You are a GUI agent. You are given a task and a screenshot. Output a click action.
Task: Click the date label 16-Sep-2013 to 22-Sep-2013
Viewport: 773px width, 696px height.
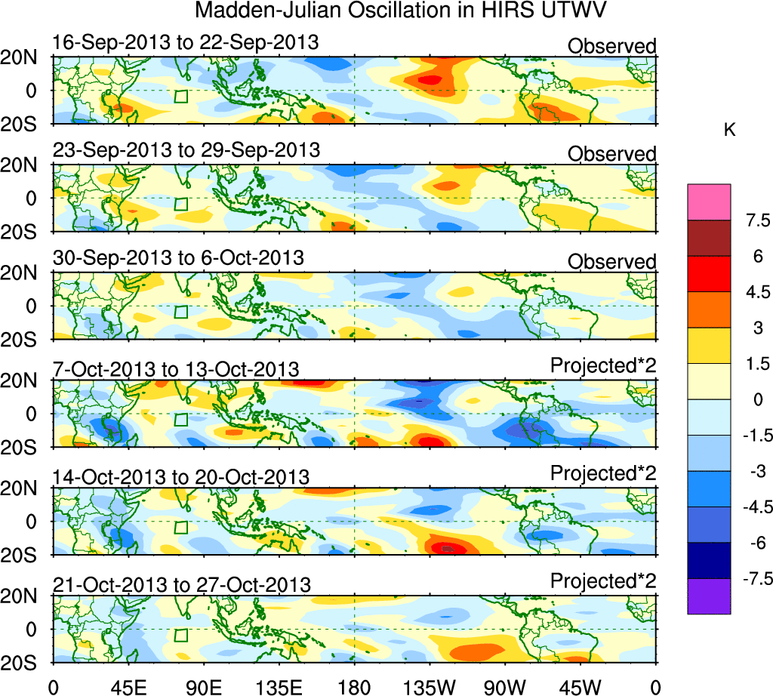[186, 43]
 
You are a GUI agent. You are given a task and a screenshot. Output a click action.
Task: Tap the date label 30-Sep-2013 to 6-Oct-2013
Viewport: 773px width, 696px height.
[178, 257]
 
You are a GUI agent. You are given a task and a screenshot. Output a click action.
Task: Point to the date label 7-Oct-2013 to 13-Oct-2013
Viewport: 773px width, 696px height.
[176, 369]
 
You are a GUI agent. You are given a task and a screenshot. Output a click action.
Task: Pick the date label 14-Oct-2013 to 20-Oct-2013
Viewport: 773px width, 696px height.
[180, 477]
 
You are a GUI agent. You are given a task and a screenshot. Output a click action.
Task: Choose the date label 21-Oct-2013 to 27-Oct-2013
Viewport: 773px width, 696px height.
[181, 584]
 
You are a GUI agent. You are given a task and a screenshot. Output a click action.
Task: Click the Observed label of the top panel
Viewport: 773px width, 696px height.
[612, 46]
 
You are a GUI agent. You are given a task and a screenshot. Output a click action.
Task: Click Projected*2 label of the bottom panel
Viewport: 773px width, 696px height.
[603, 581]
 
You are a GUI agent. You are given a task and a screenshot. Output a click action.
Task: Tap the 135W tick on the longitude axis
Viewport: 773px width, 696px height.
[430, 687]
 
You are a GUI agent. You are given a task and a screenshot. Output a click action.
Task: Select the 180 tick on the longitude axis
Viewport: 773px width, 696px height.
[354, 687]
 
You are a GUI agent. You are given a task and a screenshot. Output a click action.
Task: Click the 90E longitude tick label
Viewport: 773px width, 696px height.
[203, 687]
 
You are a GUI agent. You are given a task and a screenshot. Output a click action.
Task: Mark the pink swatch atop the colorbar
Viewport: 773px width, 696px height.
[709, 202]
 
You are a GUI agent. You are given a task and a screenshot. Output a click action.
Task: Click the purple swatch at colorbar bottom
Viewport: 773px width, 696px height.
[709, 596]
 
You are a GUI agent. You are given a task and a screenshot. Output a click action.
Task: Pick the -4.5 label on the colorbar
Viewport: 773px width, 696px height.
[754, 507]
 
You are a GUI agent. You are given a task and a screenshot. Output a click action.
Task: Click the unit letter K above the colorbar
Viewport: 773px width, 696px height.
[729, 131]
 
